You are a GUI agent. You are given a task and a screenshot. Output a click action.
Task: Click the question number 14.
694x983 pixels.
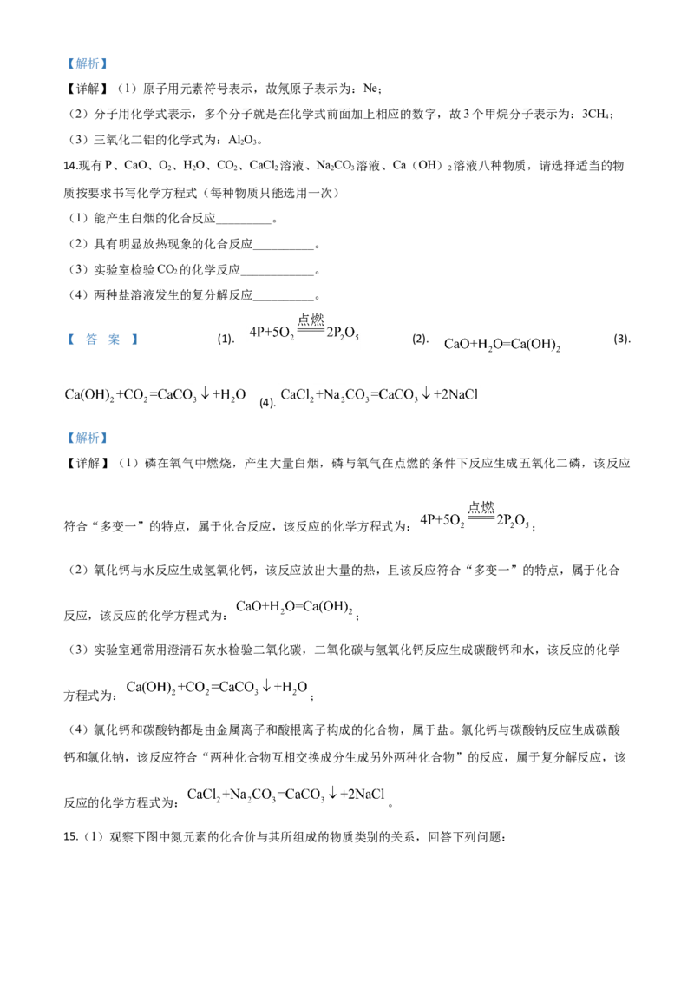tap(69, 166)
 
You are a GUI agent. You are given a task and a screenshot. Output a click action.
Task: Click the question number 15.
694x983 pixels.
tap(69, 837)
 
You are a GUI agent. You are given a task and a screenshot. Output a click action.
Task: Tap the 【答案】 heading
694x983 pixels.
tap(102, 340)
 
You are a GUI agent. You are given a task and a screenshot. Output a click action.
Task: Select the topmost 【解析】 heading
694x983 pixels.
tap(88, 63)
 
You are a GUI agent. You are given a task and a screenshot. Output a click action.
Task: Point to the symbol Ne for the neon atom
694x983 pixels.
tap(370, 89)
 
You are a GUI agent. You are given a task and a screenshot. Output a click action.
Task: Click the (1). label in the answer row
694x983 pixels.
tap(226, 340)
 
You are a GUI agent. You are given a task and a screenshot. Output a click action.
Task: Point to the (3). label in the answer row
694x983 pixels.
tap(621, 340)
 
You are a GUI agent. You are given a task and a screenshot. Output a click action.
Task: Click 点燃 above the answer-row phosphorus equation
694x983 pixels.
tap(311, 320)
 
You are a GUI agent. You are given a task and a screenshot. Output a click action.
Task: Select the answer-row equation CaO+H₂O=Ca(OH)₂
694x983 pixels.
tap(501, 345)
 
